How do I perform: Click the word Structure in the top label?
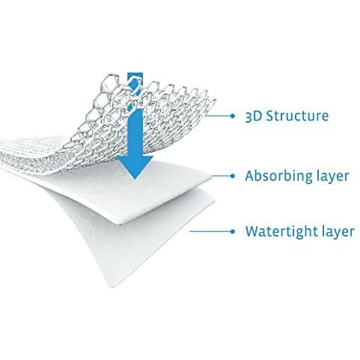click(x=297, y=116)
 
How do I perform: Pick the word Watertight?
click(x=279, y=231)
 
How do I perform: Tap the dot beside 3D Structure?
click(x=233, y=116)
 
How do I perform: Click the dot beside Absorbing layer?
click(x=233, y=176)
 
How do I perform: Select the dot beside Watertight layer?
click(x=233, y=231)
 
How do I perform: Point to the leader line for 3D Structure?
click(x=218, y=116)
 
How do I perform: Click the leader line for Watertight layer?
click(x=210, y=231)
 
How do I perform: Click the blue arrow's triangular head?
click(x=135, y=166)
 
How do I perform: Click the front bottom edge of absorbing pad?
click(x=165, y=207)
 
